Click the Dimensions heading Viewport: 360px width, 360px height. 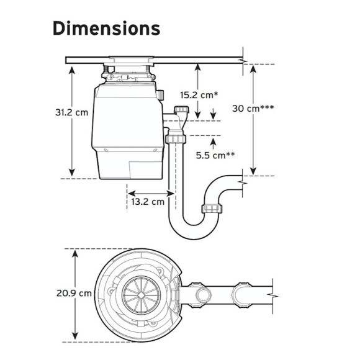(106, 28)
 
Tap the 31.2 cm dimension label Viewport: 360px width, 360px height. (71, 112)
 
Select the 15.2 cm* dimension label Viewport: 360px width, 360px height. (199, 95)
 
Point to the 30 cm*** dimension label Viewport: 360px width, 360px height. (253, 109)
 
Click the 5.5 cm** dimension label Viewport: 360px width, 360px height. (215, 155)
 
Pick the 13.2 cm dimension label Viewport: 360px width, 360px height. (148, 202)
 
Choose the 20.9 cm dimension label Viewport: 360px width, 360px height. (74, 293)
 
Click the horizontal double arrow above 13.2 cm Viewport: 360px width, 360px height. (151, 193)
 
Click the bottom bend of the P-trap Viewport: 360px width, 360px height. (193, 231)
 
